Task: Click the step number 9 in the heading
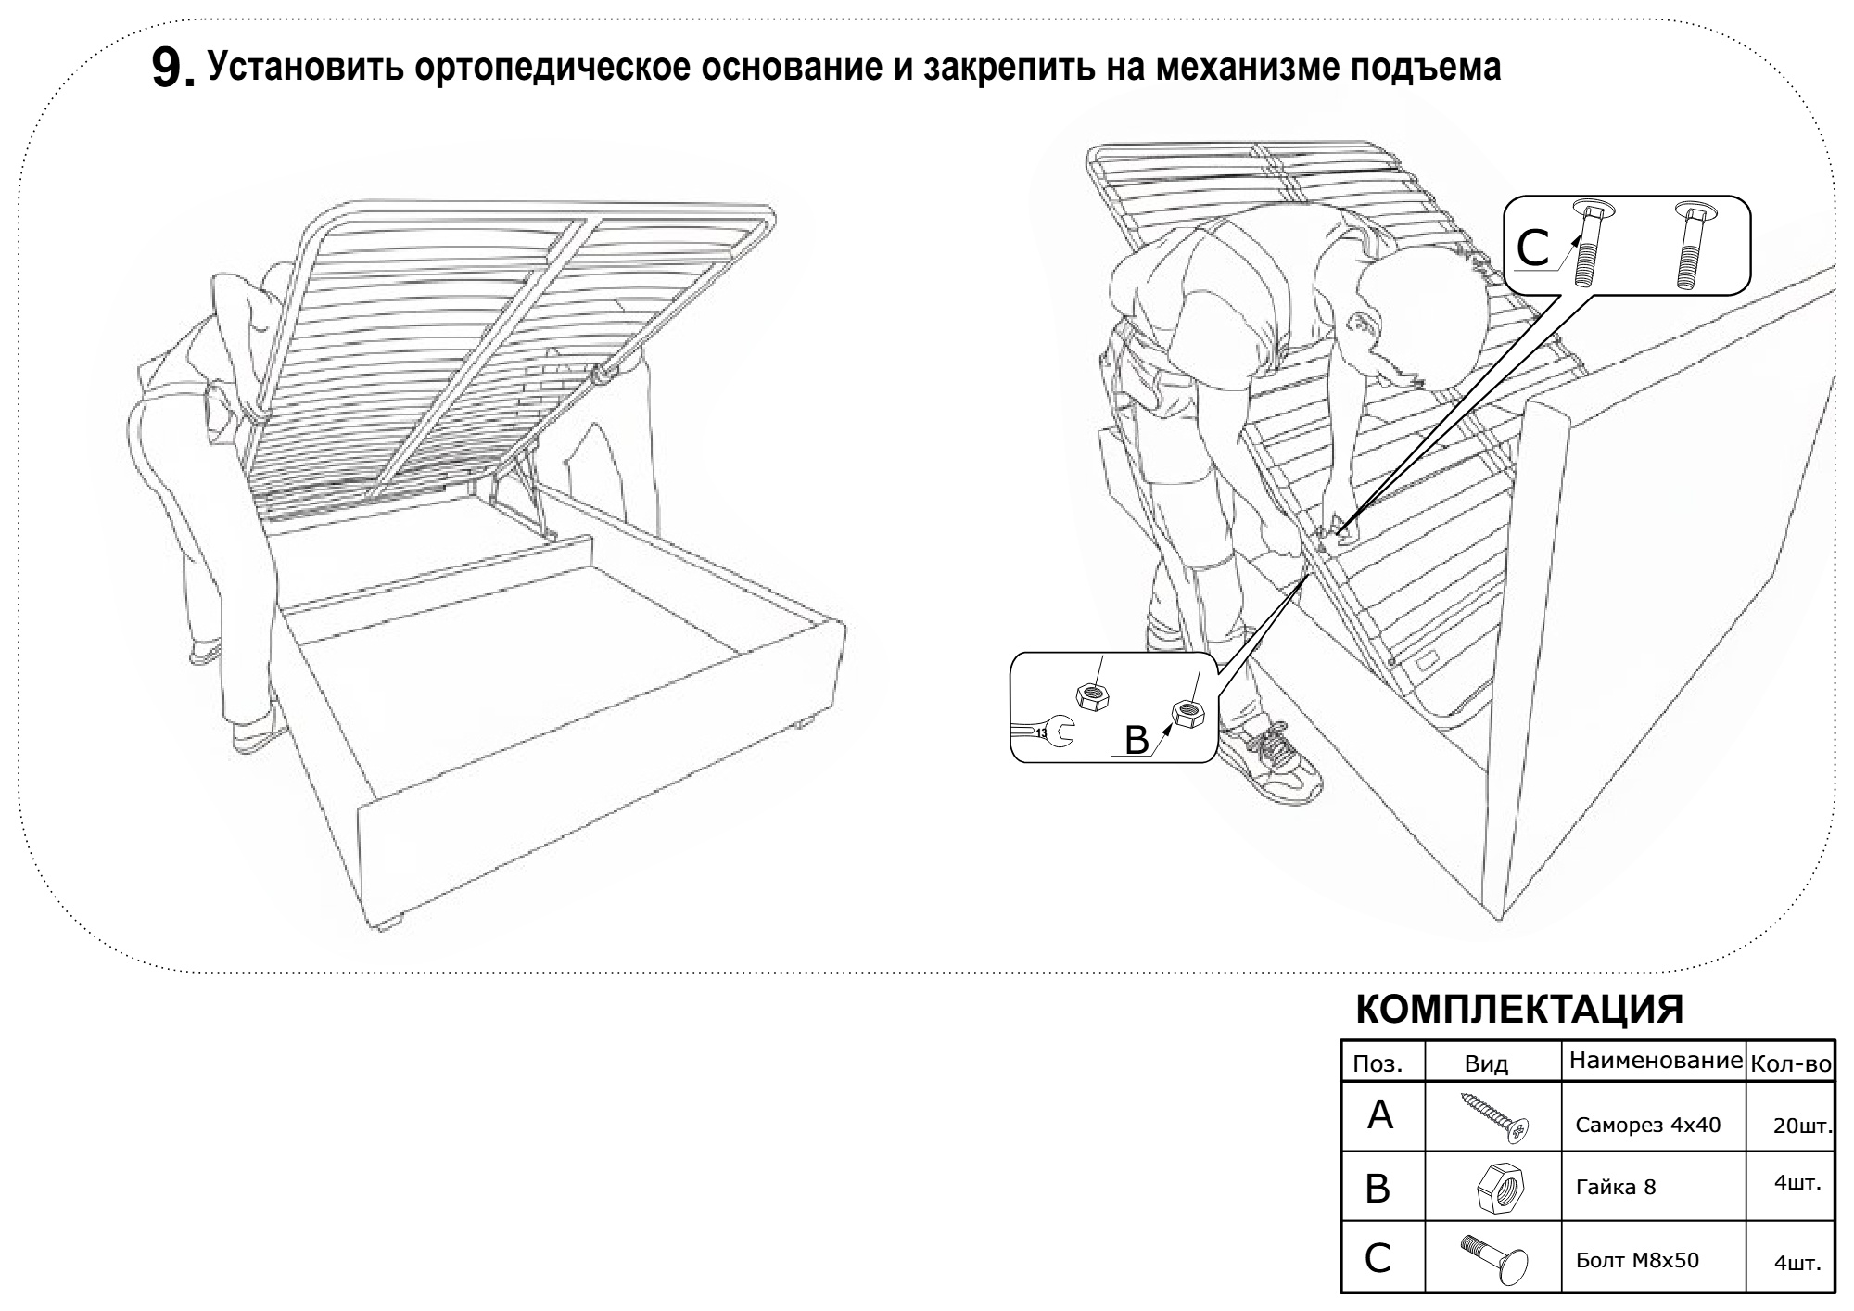169,70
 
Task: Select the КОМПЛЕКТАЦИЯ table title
1519,1010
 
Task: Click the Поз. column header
1378,1064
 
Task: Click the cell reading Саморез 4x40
1647,1126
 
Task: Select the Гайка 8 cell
1616,1187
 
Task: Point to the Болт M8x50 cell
1637,1261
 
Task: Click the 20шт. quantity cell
1802,1126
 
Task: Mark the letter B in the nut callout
1137,740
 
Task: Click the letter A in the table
1380,1116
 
